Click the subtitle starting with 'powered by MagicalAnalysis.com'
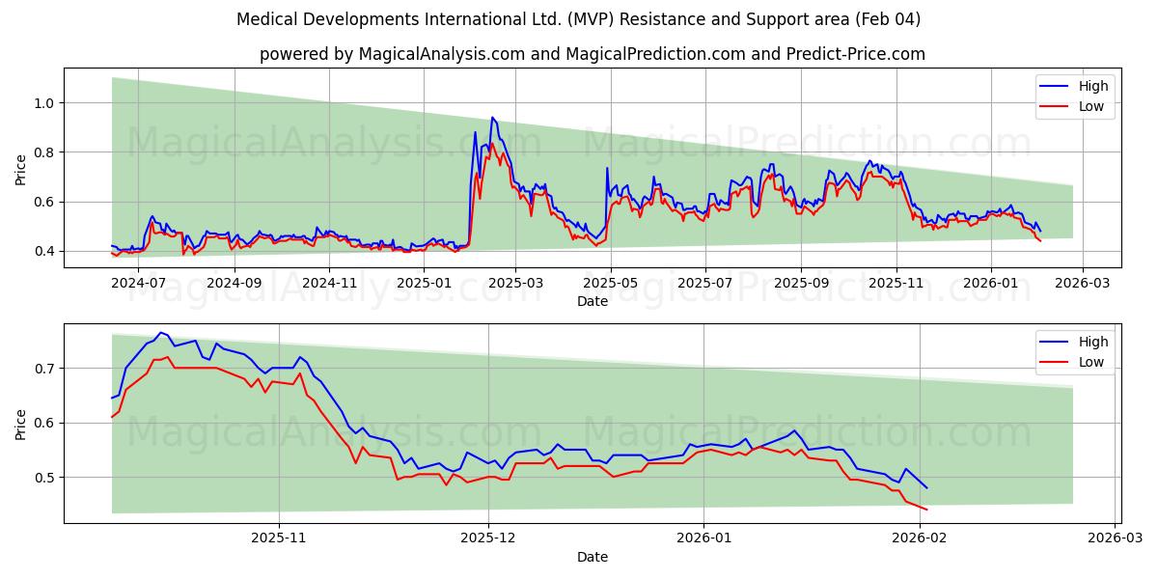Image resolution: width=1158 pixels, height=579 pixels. click(592, 54)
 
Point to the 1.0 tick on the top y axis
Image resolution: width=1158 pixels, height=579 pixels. click(45, 103)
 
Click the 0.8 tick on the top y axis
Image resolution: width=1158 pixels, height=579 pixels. click(45, 152)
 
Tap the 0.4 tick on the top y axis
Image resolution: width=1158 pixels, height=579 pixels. click(45, 251)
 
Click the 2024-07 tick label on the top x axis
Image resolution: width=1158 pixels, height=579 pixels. click(140, 284)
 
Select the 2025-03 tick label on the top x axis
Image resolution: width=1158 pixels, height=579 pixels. click(515, 284)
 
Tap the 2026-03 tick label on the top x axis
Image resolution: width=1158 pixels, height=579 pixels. click(1083, 284)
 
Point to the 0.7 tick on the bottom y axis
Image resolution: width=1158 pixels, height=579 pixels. click(45, 369)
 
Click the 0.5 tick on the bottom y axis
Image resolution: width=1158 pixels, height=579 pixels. click(45, 478)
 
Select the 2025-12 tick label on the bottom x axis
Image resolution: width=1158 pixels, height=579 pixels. click(488, 539)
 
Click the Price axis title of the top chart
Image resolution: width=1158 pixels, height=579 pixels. click(21, 169)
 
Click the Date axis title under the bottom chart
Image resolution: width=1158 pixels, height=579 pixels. click(592, 557)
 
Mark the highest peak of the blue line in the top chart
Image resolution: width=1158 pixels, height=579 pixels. click(492, 118)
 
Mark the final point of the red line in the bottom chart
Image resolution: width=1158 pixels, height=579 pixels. click(926, 510)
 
